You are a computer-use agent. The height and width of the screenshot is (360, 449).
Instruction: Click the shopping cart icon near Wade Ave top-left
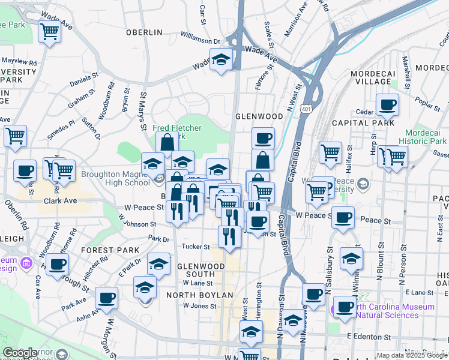pyautogui.click(x=49, y=31)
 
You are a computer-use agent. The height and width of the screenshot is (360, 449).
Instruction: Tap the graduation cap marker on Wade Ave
pyautogui.click(x=221, y=59)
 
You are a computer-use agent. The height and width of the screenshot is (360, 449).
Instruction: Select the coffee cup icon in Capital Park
pyautogui.click(x=387, y=105)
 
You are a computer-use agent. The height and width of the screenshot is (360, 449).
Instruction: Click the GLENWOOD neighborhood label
pyautogui.click(x=259, y=116)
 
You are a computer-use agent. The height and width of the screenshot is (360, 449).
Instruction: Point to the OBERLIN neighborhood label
pyautogui.click(x=144, y=32)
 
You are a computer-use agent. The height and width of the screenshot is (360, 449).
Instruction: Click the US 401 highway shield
pyautogui.click(x=306, y=109)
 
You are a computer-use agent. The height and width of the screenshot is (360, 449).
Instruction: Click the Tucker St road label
pyautogui.click(x=196, y=247)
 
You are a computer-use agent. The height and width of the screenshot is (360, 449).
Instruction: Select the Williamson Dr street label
pyautogui.click(x=200, y=40)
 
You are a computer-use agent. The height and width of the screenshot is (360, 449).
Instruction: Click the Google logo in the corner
pyautogui.click(x=20, y=353)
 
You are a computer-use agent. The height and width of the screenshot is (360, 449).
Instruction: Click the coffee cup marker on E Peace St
pyautogui.click(x=343, y=217)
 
